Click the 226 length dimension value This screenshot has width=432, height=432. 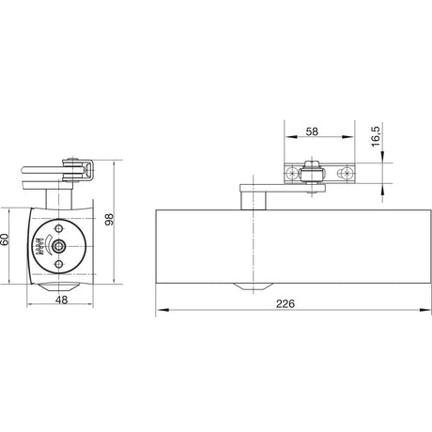click(285, 303)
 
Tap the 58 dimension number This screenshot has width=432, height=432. click(312, 131)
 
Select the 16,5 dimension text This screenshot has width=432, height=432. click(376, 136)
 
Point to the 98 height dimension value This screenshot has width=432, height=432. click(109, 220)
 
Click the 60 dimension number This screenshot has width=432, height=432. click(5, 239)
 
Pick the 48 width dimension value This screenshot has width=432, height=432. click(61, 300)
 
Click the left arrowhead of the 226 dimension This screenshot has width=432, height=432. click(162, 310)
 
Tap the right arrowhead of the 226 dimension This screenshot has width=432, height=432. click(425, 310)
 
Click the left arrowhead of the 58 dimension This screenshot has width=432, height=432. click(291, 137)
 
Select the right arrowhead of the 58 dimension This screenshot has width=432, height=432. click(347, 137)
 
